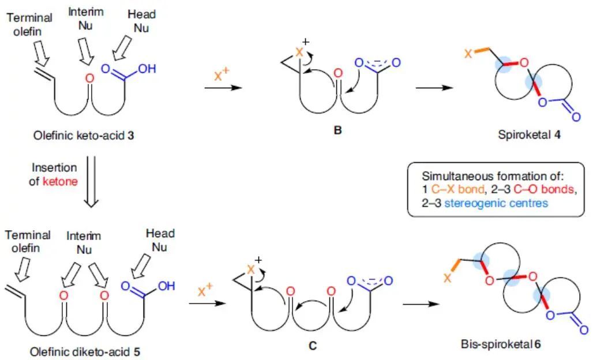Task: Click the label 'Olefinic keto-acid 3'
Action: pos(87,136)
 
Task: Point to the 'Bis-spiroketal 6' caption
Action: pos(501,345)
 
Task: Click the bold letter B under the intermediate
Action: pos(337,130)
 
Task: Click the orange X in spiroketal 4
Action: pos(468,54)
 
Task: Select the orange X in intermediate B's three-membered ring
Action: pos(299,52)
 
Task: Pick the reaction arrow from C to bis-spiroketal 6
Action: pos(420,304)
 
